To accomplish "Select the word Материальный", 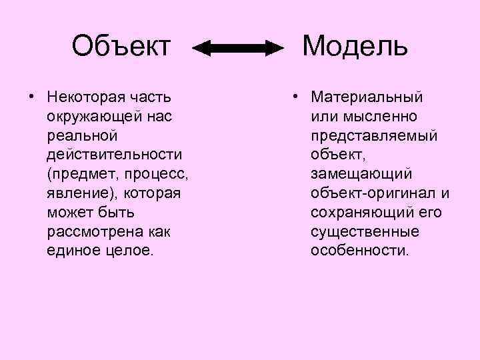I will [367, 97].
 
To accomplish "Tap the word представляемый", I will [374, 136].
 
